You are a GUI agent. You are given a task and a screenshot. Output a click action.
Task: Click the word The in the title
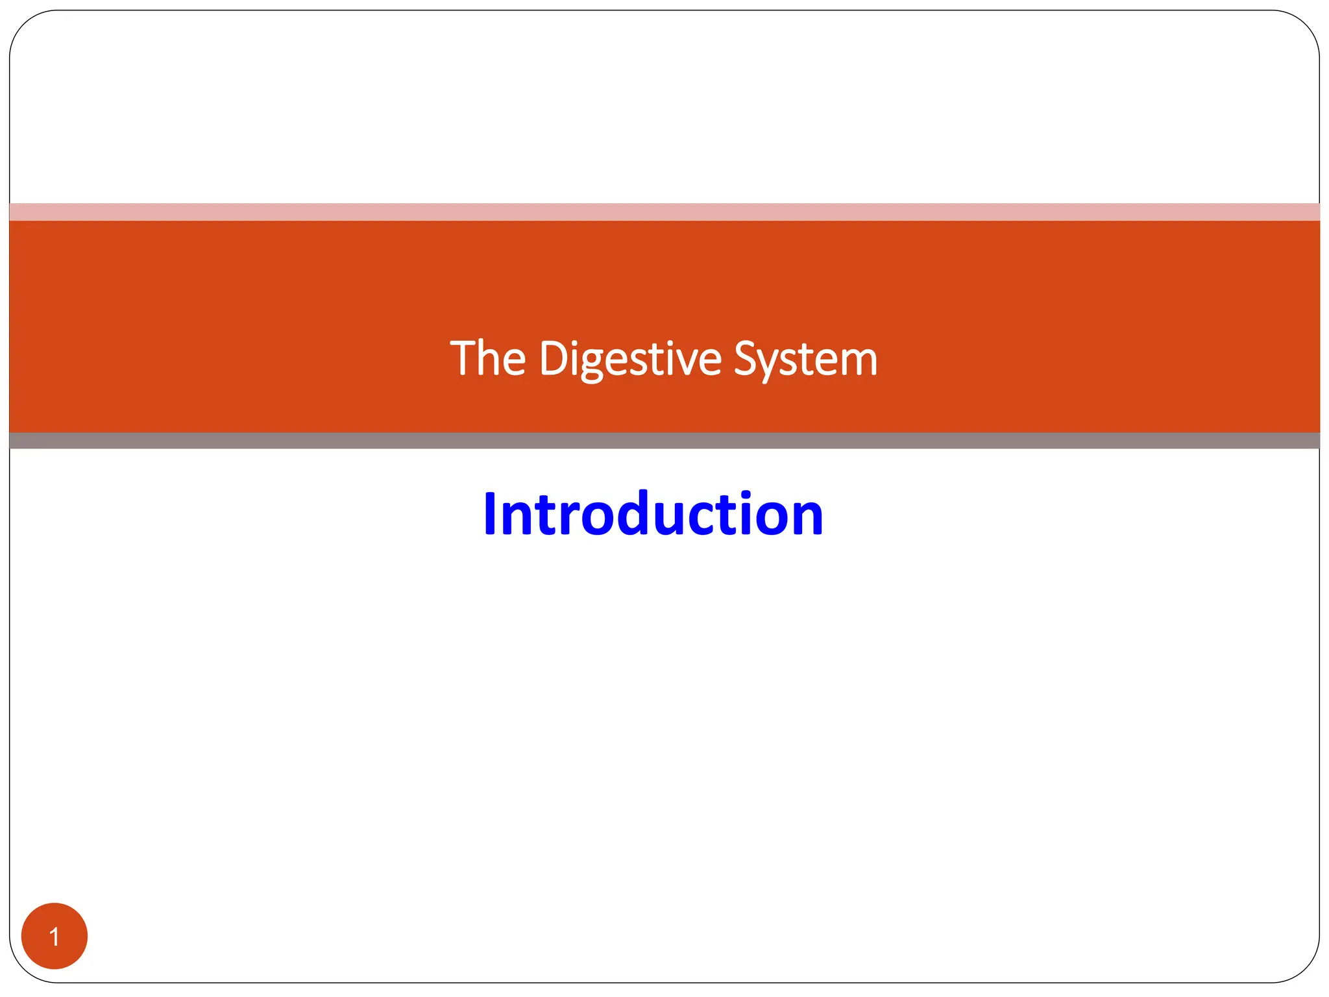pos(487,358)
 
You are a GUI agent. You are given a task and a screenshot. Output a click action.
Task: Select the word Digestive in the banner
pos(629,358)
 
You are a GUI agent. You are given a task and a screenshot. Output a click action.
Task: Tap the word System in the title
pos(805,358)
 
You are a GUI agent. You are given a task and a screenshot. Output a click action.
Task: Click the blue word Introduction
pos(653,514)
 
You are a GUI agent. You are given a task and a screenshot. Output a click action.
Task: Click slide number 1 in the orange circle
pos(55,937)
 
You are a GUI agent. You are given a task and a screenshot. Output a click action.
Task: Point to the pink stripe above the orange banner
pos(664,212)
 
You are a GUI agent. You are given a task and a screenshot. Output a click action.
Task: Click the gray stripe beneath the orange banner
pos(664,441)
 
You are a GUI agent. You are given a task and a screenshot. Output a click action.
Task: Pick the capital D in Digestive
pos(552,358)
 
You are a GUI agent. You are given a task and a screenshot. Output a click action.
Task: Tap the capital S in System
pos(746,358)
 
